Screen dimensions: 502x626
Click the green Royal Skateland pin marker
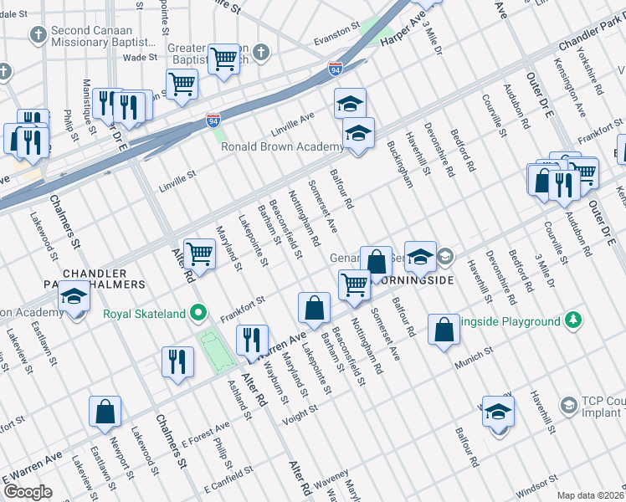coord(198,314)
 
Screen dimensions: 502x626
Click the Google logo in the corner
coord(28,492)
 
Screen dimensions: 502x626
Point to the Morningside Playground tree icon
coord(572,321)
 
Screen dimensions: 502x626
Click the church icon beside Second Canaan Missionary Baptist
coord(37,34)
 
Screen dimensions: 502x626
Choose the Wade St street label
coord(140,57)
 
